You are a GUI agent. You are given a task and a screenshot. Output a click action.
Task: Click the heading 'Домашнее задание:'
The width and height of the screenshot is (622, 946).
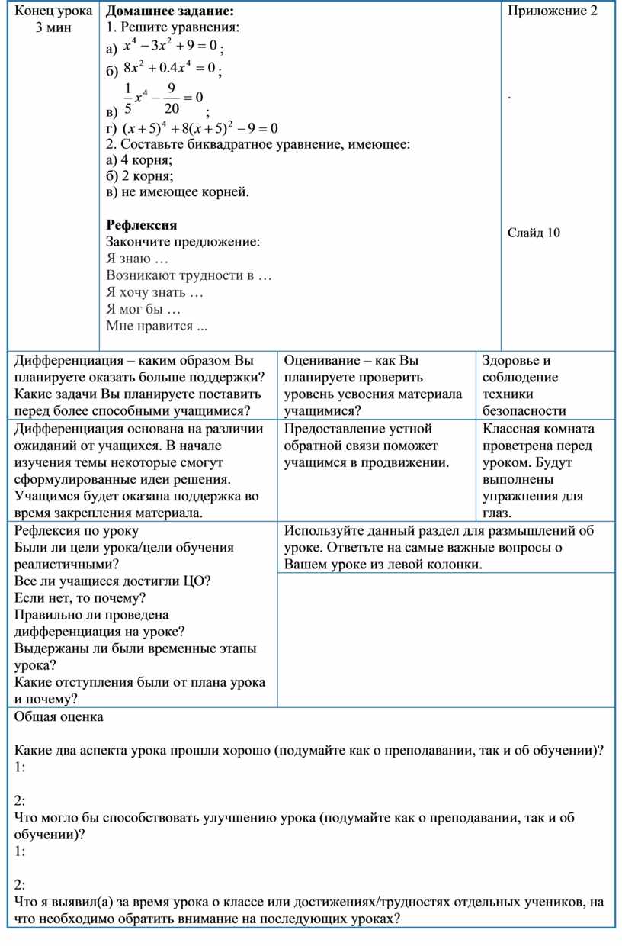170,11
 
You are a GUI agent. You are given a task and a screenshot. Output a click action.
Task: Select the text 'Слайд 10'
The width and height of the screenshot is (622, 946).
534,233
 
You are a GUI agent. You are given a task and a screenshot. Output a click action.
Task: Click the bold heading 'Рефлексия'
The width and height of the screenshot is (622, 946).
142,225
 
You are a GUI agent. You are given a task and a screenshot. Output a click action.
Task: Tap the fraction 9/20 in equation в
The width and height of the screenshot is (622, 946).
171,98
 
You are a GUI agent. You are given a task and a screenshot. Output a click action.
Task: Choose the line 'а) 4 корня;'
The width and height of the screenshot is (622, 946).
139,160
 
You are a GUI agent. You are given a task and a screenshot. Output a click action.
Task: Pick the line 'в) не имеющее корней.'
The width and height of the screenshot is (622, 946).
178,191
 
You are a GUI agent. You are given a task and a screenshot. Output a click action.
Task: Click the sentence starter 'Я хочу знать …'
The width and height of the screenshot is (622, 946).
155,292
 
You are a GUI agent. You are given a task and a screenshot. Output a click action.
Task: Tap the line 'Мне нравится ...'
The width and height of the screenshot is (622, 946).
157,326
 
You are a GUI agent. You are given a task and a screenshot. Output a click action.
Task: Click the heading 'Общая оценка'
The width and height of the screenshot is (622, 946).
59,717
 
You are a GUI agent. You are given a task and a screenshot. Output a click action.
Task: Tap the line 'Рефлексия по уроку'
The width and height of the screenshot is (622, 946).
76,531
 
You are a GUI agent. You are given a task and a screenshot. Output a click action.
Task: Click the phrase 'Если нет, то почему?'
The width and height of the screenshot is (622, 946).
80,598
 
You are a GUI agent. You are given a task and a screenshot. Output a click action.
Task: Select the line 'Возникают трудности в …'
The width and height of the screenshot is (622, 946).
189,275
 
